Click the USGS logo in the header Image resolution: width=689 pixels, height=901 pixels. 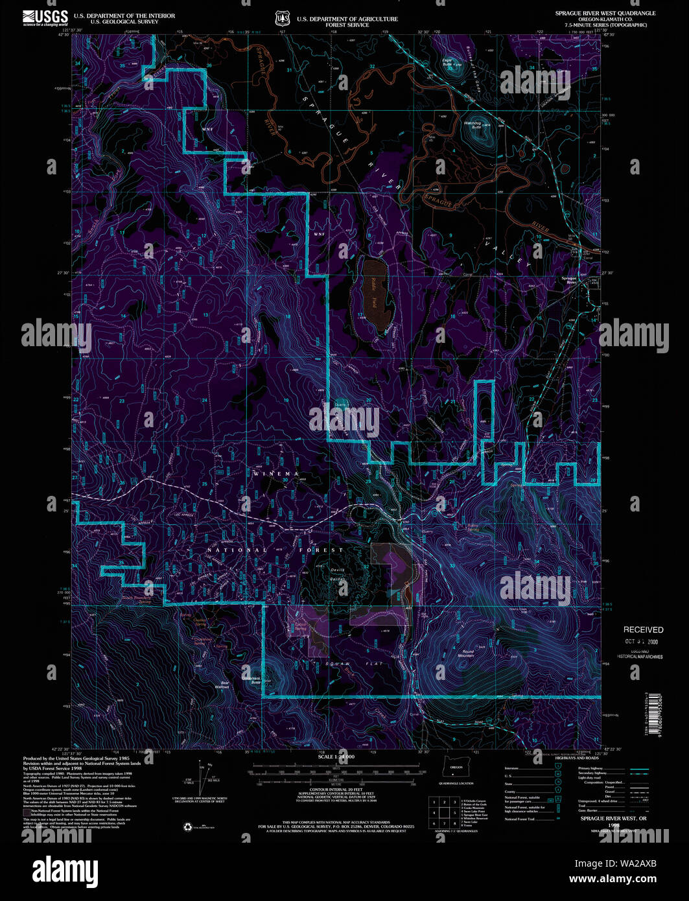point(45,17)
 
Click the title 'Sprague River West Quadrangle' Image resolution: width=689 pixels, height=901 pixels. point(605,13)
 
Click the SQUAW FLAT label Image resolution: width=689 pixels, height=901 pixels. point(355,664)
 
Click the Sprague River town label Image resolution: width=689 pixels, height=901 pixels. point(570,280)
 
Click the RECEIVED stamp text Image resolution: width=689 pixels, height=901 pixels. point(643,629)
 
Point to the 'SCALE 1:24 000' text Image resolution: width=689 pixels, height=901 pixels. point(336,757)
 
